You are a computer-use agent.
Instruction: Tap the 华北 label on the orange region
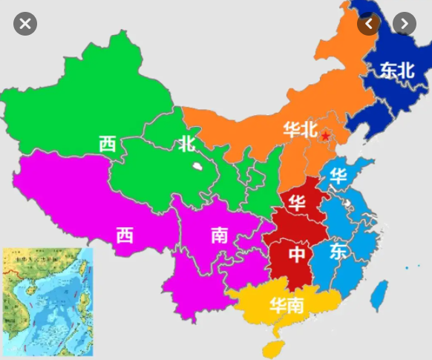[300, 128]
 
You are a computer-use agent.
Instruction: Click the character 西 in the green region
[108, 143]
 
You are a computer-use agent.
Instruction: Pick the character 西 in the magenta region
[125, 235]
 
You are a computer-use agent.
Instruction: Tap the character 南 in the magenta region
[219, 235]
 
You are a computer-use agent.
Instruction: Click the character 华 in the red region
[298, 203]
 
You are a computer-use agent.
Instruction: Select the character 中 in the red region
[297, 255]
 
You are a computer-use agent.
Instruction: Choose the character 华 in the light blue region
[338, 177]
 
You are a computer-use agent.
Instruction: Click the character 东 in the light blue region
[338, 251]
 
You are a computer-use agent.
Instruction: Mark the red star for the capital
[324, 136]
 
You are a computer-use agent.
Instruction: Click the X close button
[25, 24]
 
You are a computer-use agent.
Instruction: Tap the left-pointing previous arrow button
[369, 24]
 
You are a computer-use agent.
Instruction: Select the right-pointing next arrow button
[404, 24]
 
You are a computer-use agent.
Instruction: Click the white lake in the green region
[197, 167]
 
